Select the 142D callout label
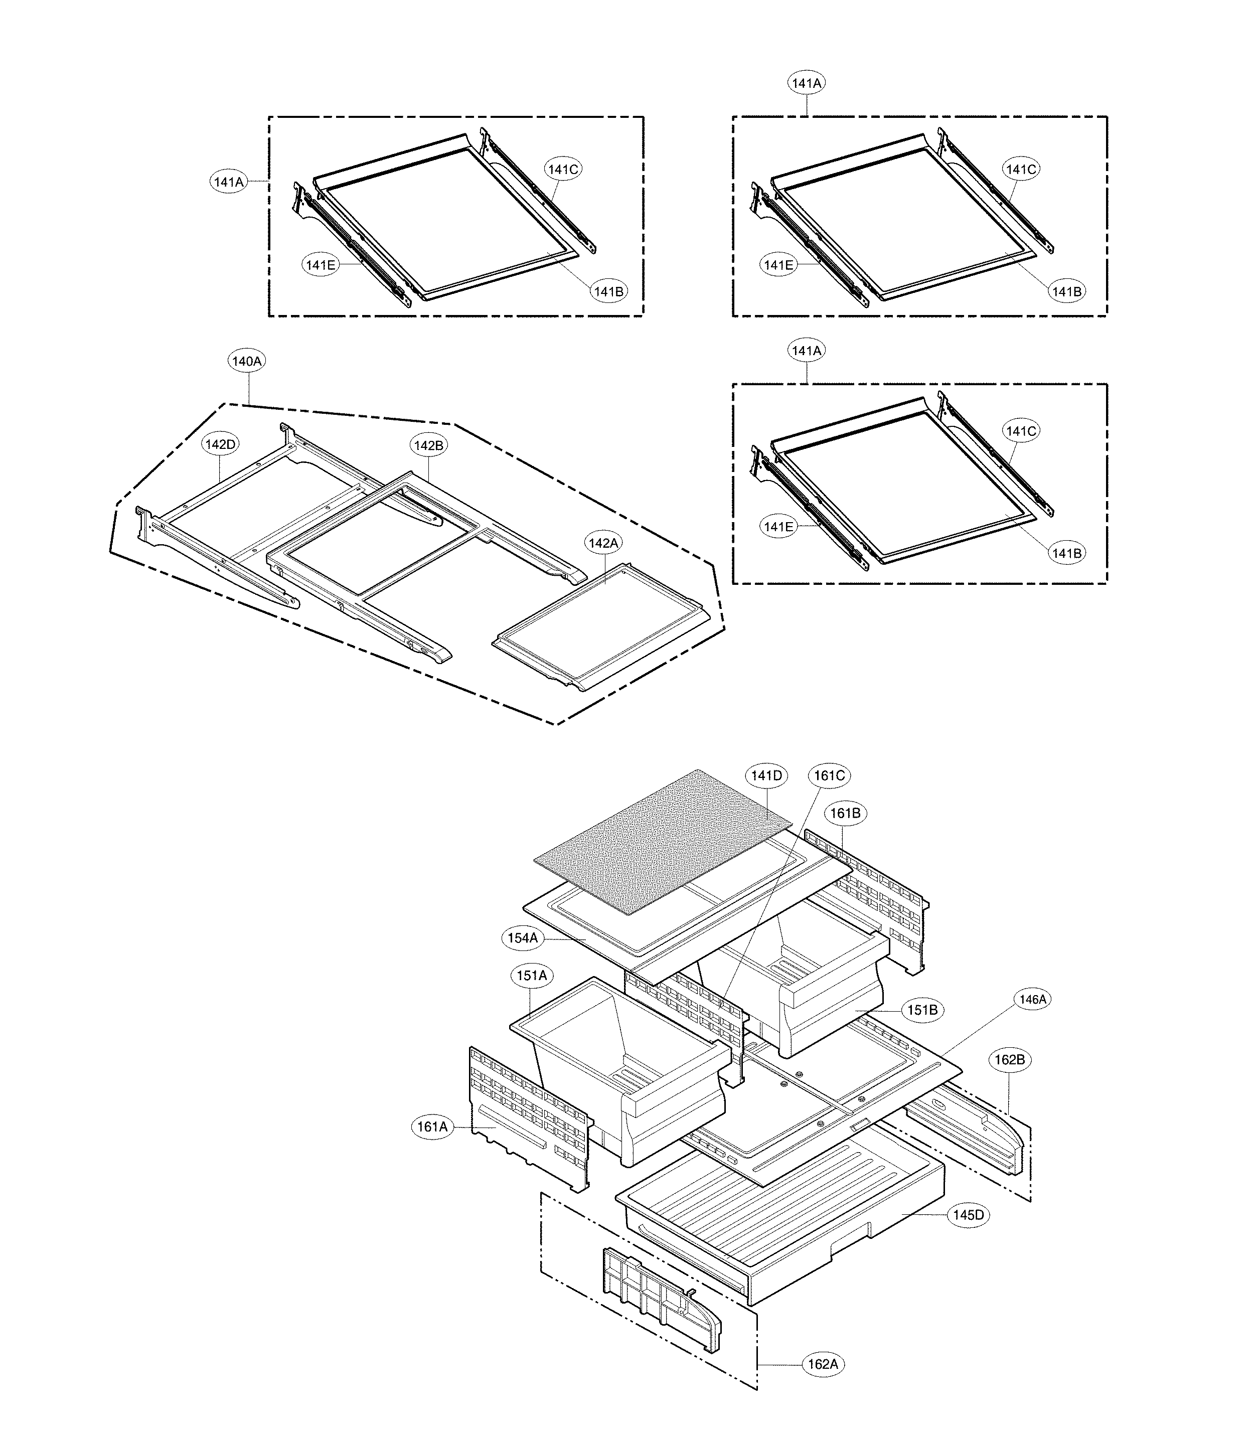(220, 444)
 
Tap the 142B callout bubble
(428, 445)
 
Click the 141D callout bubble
(766, 776)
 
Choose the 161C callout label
(829, 776)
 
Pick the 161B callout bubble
(845, 813)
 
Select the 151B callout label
(922, 1010)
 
